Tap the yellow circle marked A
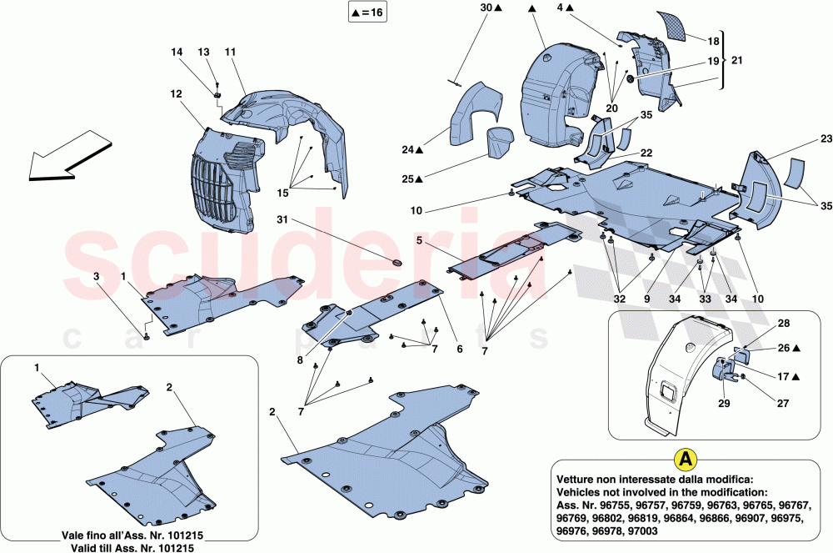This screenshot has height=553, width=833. [x=685, y=458]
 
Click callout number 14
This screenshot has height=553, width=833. [x=176, y=52]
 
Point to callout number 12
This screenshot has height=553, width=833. [x=176, y=94]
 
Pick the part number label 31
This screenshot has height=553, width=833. [x=282, y=219]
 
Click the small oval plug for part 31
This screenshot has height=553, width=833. [x=397, y=264]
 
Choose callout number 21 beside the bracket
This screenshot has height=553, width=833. [x=737, y=61]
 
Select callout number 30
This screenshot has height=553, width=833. [x=486, y=8]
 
